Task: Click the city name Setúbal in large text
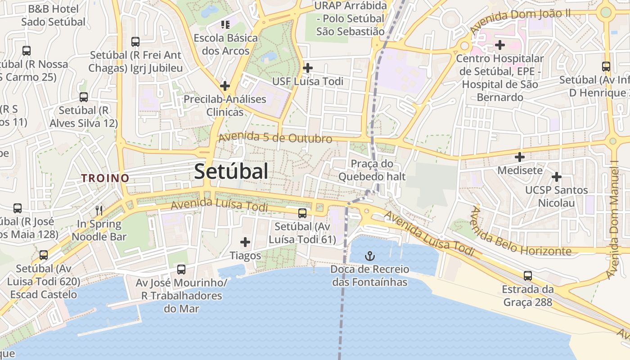pos(231,171)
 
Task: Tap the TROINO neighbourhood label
pos(105,178)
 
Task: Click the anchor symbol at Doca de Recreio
pos(369,256)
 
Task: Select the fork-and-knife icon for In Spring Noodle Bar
pos(99,210)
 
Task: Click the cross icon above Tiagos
pos(245,243)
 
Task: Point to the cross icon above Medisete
pos(520,157)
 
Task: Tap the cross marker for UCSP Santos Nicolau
pos(557,176)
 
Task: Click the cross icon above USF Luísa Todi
pos(308,68)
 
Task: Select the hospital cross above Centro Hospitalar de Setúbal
pos(500,45)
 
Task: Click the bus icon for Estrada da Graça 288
pos(528,275)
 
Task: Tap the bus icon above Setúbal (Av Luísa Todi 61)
pos(302,213)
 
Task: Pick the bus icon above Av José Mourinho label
pos(181,270)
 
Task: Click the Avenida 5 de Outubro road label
pos(275,138)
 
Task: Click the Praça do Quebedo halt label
pos(372,170)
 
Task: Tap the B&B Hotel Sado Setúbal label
pos(53,15)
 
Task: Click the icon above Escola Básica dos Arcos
pos(225,24)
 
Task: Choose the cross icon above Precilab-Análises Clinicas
pos(225,85)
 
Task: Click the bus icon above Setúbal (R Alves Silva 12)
pos(84,97)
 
